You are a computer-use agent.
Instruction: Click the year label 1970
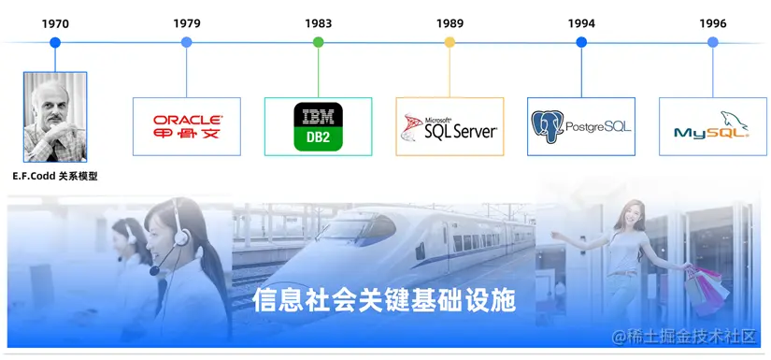tap(55, 22)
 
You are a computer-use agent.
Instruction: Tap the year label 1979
tap(187, 22)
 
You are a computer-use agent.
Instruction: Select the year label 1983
tap(318, 22)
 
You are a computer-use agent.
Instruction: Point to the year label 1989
tap(450, 22)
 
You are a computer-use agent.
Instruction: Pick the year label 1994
tap(581, 22)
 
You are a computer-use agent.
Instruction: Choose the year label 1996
tap(713, 22)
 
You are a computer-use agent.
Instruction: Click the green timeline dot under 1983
tap(318, 42)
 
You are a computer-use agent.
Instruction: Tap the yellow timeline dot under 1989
tap(450, 42)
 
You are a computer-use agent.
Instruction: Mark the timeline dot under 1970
tap(55, 42)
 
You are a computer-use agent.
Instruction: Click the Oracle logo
tap(187, 126)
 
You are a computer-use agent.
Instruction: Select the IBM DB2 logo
tap(318, 126)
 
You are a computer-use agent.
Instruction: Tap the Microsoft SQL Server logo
tap(450, 126)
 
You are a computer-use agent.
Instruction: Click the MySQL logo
tap(712, 126)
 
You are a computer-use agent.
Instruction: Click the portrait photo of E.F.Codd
tap(55, 117)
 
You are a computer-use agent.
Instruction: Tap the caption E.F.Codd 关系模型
tap(55, 176)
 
